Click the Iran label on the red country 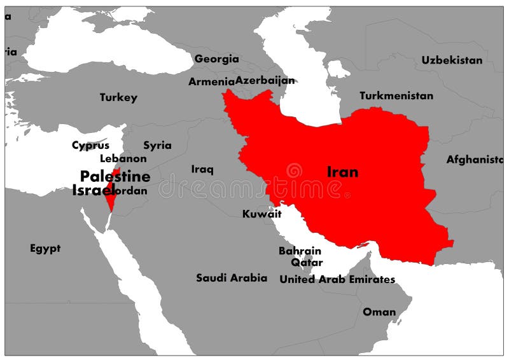click(342, 172)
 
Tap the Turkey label click(118, 98)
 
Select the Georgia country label click(216, 59)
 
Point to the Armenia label click(211, 82)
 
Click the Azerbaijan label click(265, 81)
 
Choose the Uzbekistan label click(452, 60)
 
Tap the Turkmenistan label click(396, 96)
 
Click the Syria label click(157, 146)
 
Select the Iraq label click(202, 169)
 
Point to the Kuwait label click(261, 214)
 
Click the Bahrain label click(300, 251)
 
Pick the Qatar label click(307, 262)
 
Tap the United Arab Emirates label click(337, 279)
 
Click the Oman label click(379, 312)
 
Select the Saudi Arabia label click(232, 278)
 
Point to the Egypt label click(45, 248)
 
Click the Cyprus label click(90, 146)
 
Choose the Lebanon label click(123, 158)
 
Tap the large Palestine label click(115, 176)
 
